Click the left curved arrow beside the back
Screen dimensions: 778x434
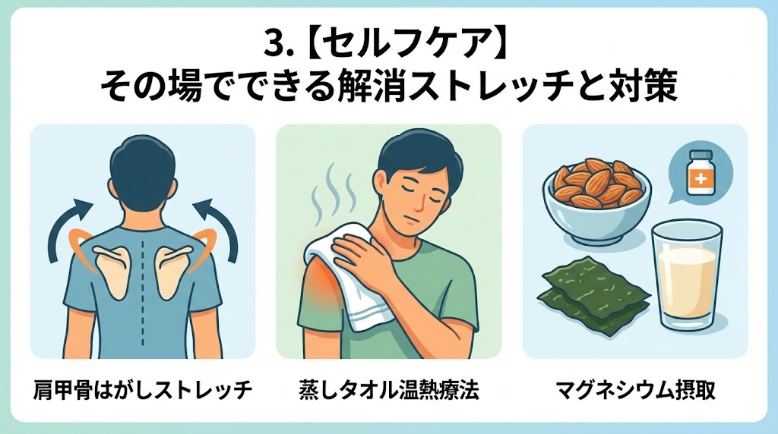tap(62, 225)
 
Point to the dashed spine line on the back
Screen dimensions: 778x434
tap(144, 292)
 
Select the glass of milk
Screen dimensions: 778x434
tap(687, 275)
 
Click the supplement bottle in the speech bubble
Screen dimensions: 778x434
tap(700, 172)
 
